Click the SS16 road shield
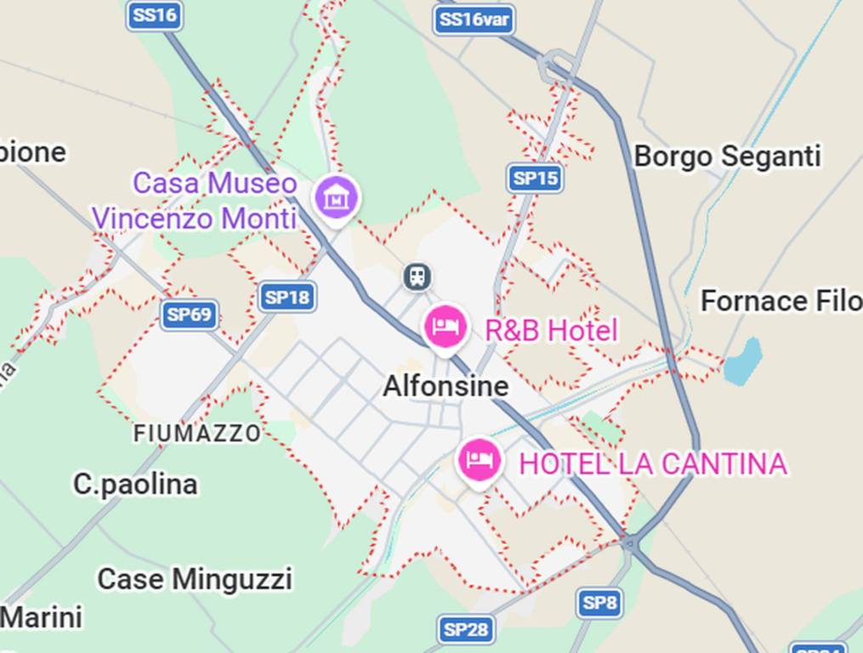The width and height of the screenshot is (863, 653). [155, 15]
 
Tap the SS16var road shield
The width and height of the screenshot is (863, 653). [474, 19]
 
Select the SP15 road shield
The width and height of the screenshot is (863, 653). [537, 178]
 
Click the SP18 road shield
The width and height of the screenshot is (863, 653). [287, 297]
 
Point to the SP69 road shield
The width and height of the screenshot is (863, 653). [189, 315]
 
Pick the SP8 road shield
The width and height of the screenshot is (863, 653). [599, 603]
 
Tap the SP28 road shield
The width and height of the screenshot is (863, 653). [466, 629]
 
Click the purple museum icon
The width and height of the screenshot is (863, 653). [337, 197]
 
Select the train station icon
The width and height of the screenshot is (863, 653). [417, 276]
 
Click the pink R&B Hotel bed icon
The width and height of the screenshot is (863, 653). [446, 326]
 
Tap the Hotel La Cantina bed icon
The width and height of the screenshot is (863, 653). [480, 460]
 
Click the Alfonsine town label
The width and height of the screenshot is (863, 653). [446, 386]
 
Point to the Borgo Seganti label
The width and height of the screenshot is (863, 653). [727, 156]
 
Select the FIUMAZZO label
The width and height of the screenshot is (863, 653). [197, 434]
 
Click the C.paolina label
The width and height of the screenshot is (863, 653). [135, 484]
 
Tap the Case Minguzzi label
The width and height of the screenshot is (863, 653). [194, 580]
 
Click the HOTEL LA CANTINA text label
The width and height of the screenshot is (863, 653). [652, 464]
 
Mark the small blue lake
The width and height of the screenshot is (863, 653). [742, 361]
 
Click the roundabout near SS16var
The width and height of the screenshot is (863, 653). [559, 63]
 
